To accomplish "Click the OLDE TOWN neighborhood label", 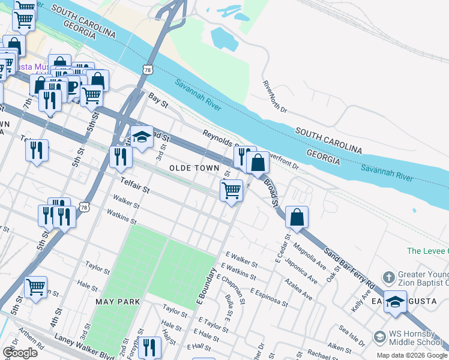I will tap(193, 169).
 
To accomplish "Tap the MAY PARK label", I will tap(117, 302).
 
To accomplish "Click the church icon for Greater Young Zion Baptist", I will tap(388, 277).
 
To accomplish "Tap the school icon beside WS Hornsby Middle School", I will tap(379, 336).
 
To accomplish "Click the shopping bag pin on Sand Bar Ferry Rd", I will tap(297, 217).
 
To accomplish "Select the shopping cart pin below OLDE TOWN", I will tap(231, 191).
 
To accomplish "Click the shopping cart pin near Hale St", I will tap(35, 287).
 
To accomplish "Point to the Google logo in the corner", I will tap(20, 353).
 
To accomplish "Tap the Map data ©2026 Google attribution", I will tap(412, 355).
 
